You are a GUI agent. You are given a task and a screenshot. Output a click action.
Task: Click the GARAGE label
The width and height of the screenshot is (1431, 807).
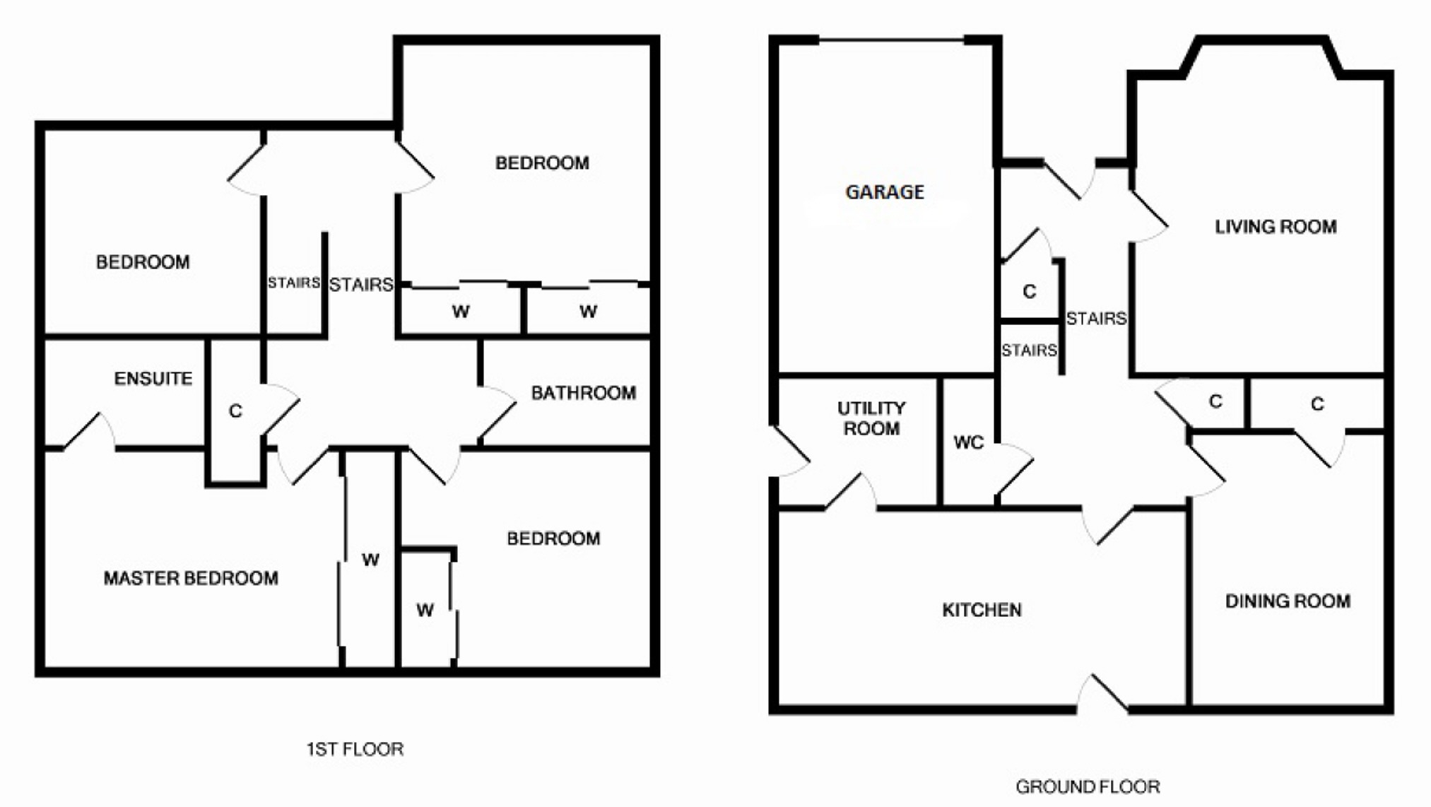(x=885, y=192)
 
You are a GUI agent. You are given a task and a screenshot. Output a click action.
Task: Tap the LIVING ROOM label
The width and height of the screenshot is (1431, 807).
(x=1276, y=227)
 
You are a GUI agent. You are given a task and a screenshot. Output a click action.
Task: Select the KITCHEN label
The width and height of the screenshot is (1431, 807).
(x=982, y=610)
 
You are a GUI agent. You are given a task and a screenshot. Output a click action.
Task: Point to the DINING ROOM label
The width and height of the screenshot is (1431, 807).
(x=1288, y=601)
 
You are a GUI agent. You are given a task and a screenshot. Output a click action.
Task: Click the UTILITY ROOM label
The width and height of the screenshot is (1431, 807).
(x=871, y=418)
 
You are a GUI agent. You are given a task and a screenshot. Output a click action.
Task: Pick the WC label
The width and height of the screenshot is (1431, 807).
(x=968, y=442)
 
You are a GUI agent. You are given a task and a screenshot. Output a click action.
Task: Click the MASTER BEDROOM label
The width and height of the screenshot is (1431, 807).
(x=191, y=579)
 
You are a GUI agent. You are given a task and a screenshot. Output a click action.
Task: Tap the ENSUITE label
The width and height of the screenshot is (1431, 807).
(x=153, y=379)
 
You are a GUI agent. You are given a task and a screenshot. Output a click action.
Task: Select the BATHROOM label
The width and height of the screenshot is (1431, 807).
(x=584, y=393)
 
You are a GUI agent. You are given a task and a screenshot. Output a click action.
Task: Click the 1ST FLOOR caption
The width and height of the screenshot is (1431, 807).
(x=355, y=749)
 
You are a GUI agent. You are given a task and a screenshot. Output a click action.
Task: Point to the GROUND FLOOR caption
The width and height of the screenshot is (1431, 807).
(x=1088, y=787)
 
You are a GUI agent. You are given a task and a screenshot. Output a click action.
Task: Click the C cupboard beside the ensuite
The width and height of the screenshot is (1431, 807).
(x=235, y=411)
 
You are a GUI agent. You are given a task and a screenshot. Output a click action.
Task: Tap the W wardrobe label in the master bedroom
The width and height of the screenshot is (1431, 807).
(x=370, y=560)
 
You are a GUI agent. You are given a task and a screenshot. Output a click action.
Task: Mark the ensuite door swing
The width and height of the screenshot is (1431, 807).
(x=90, y=430)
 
